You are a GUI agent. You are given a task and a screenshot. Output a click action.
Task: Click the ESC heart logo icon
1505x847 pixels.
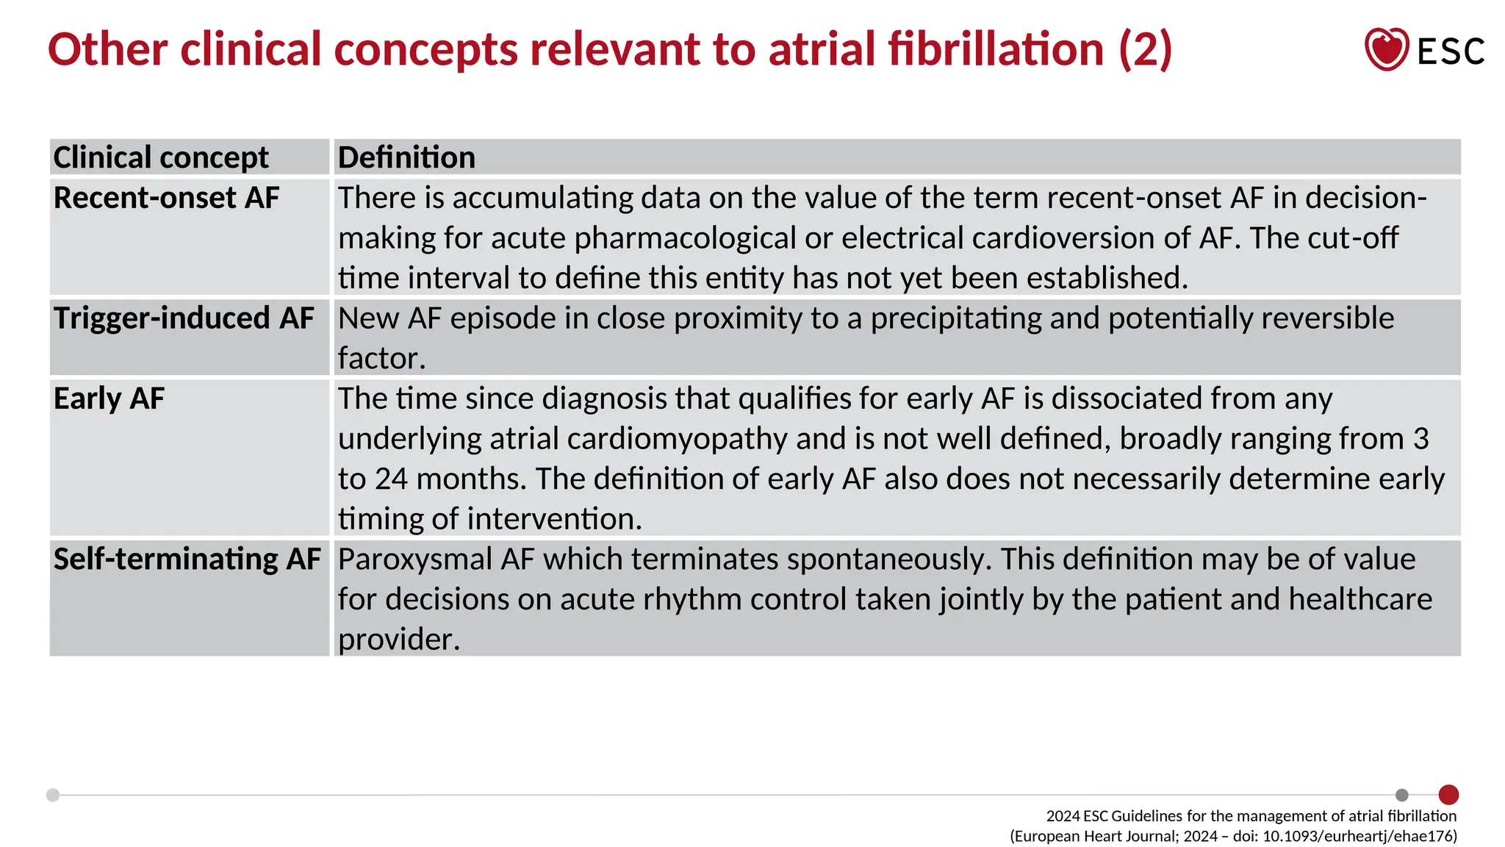pos(1386,49)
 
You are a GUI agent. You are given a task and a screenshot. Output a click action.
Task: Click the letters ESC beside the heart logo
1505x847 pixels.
pos(1451,51)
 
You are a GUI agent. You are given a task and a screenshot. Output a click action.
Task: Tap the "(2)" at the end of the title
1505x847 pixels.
pos(1145,49)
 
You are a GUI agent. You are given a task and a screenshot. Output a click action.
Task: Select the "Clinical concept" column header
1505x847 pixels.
pos(161,157)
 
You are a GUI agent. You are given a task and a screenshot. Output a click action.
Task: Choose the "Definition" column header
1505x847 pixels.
pos(406,157)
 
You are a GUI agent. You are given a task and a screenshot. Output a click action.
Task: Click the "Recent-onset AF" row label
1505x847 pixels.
pos(166,198)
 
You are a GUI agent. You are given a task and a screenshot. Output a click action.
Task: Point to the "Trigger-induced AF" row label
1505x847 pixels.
pos(184,318)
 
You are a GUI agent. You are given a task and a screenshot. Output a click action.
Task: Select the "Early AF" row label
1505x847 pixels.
pos(109,399)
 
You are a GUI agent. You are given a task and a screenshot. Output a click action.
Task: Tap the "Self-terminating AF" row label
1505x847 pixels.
pos(187,559)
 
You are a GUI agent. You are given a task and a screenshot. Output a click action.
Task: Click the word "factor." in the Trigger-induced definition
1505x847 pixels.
pos(381,359)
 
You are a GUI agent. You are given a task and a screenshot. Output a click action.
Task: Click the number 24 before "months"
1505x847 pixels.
pos(391,479)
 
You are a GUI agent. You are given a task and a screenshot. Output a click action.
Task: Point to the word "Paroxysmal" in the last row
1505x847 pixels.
pos(414,560)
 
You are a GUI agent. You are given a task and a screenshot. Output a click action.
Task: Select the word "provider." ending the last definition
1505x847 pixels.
pos(398,640)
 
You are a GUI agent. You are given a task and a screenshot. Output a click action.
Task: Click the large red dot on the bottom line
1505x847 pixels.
pos(1448,794)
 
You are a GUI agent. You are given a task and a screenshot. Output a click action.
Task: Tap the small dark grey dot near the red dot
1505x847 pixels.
pos(1401,795)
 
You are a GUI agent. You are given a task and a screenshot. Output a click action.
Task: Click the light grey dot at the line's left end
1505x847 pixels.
pos(53,795)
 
